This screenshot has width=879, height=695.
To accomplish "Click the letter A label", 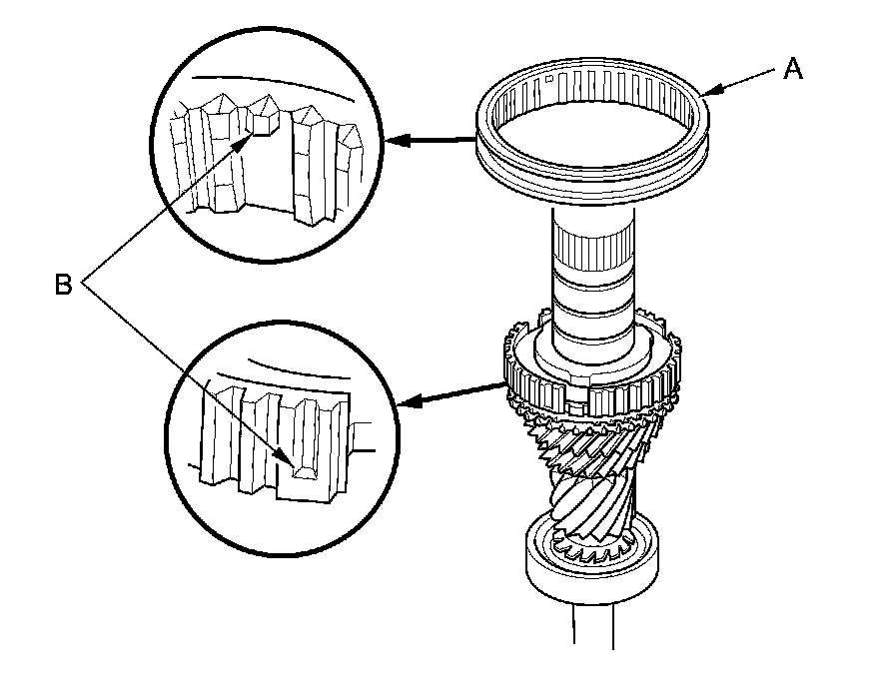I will coord(793,68).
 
